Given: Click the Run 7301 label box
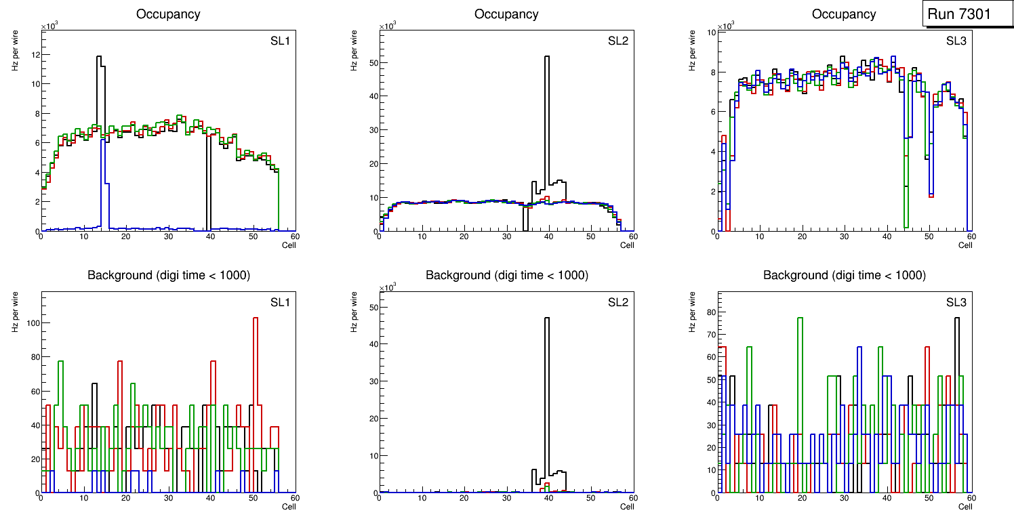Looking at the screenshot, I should (964, 14).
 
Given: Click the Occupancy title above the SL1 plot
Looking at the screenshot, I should (168, 14).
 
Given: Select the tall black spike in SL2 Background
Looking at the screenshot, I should (546, 379).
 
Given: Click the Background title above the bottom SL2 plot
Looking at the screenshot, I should (506, 275).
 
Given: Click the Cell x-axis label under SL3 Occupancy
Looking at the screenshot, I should (965, 245).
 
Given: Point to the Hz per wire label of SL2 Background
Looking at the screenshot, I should (354, 312).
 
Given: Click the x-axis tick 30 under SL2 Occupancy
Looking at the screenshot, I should (506, 237).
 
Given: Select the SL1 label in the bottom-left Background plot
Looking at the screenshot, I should (279, 301).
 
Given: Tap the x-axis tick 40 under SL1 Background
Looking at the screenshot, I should (211, 499).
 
